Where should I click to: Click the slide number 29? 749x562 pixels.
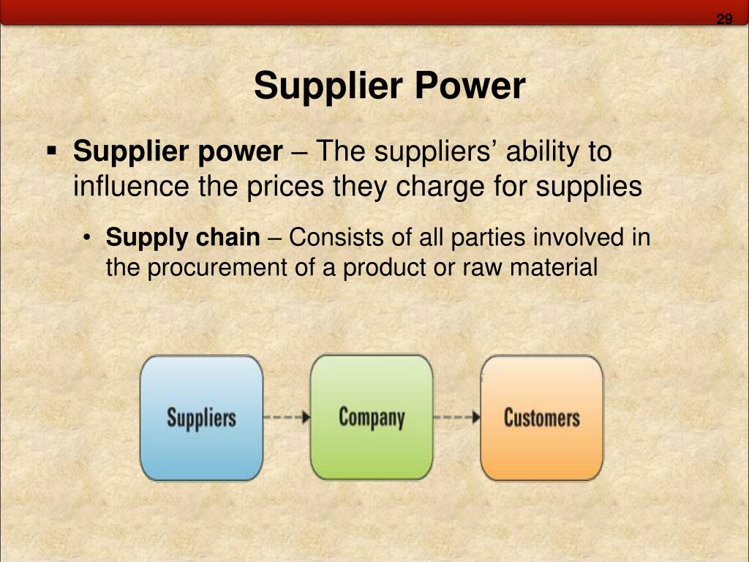tap(724, 18)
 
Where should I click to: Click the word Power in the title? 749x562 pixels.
tap(470, 86)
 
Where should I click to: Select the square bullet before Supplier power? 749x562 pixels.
tap(52, 151)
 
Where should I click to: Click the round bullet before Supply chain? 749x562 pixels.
tap(86, 238)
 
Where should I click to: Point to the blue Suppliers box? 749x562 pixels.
tap(202, 418)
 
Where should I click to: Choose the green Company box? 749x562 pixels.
tap(372, 417)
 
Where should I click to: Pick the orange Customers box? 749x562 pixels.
tap(542, 418)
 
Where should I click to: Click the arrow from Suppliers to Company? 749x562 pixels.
tap(287, 417)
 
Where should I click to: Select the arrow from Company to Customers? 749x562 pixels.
tap(456, 417)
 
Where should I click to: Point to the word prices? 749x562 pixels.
tap(285, 187)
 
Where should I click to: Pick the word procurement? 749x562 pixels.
tap(217, 268)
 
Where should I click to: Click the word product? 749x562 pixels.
tap(385, 268)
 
